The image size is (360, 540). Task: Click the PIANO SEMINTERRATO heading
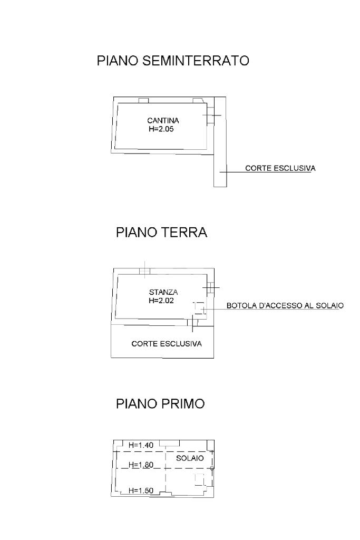pyautogui.click(x=173, y=61)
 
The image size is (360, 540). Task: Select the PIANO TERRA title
pyautogui.click(x=161, y=233)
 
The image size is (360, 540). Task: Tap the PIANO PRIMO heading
pyautogui.click(x=160, y=404)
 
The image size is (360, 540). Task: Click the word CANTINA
pyautogui.click(x=159, y=121)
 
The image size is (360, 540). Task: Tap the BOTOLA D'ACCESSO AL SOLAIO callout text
pyautogui.click(x=285, y=305)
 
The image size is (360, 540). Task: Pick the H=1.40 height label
pyautogui.click(x=141, y=446)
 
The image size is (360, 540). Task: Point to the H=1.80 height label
pyautogui.click(x=141, y=465)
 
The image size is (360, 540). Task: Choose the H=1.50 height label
pyautogui.click(x=141, y=491)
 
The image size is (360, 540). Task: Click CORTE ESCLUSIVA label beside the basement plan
pyautogui.click(x=280, y=169)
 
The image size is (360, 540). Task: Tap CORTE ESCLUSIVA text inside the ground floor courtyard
pyautogui.click(x=167, y=344)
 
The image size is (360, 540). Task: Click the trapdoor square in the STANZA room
pyautogui.click(x=199, y=307)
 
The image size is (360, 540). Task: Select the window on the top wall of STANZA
pyautogui.click(x=144, y=272)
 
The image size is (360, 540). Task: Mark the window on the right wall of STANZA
pyautogui.click(x=210, y=287)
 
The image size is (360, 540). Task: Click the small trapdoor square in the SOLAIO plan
pyautogui.click(x=199, y=479)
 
